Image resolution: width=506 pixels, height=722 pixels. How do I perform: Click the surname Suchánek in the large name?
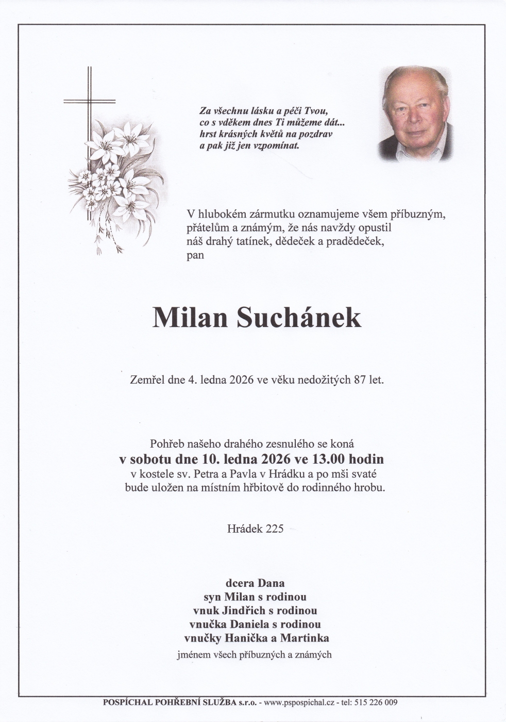[299, 318]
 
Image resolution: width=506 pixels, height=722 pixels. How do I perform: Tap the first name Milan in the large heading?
[190, 318]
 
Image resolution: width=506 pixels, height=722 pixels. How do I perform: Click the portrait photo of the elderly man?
[415, 114]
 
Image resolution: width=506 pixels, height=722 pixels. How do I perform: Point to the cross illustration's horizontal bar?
[89, 101]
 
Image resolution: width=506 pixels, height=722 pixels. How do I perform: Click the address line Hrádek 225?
[255, 529]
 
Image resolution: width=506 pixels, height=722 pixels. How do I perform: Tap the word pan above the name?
[195, 255]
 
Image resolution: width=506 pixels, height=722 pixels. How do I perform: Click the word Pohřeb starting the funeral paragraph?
[166, 443]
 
